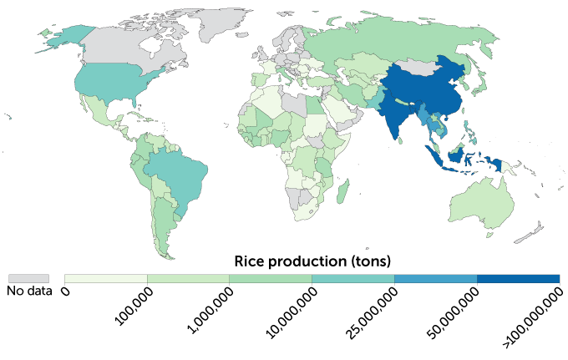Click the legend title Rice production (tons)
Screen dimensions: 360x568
pyautogui.click(x=312, y=260)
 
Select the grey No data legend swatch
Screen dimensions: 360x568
pyautogui.click(x=28, y=278)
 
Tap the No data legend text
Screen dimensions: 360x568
pyautogui.click(x=28, y=292)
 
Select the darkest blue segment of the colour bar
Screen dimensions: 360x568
pyautogui.click(x=518, y=278)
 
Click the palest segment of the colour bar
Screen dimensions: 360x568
pyautogui.click(x=106, y=278)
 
